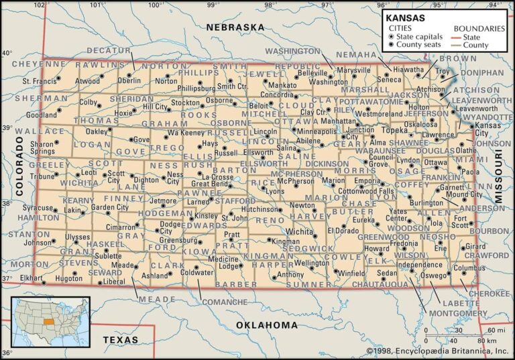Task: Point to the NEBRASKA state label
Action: pos(235,27)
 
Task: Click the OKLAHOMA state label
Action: pos(266,325)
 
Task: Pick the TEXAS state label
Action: pos(120,340)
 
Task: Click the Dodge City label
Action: pos(170,227)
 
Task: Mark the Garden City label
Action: pos(109,208)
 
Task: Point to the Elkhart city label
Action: pos(31,277)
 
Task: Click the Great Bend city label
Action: pos(211,183)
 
